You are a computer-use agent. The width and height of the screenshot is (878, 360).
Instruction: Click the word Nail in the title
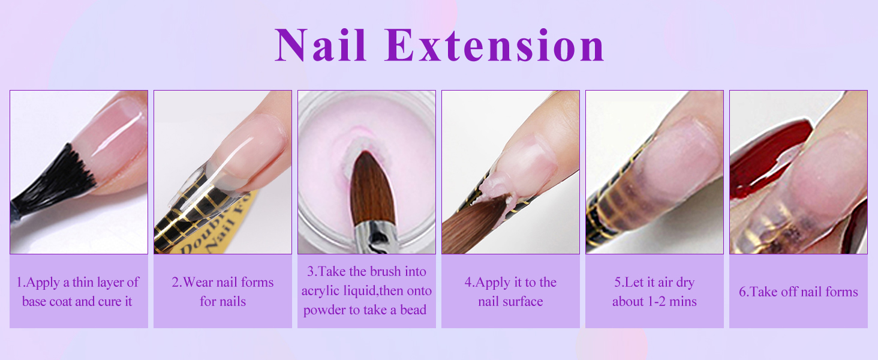click(x=321, y=46)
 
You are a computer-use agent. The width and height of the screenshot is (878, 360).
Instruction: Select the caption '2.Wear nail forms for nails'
click(x=222, y=292)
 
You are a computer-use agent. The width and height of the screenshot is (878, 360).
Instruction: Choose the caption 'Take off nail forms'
click(x=798, y=292)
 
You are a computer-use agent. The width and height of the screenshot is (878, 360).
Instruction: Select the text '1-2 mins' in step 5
click(x=671, y=301)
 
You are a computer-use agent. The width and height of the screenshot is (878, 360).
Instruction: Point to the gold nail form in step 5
click(x=618, y=198)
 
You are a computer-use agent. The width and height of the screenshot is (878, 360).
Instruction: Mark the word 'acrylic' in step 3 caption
click(x=323, y=291)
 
